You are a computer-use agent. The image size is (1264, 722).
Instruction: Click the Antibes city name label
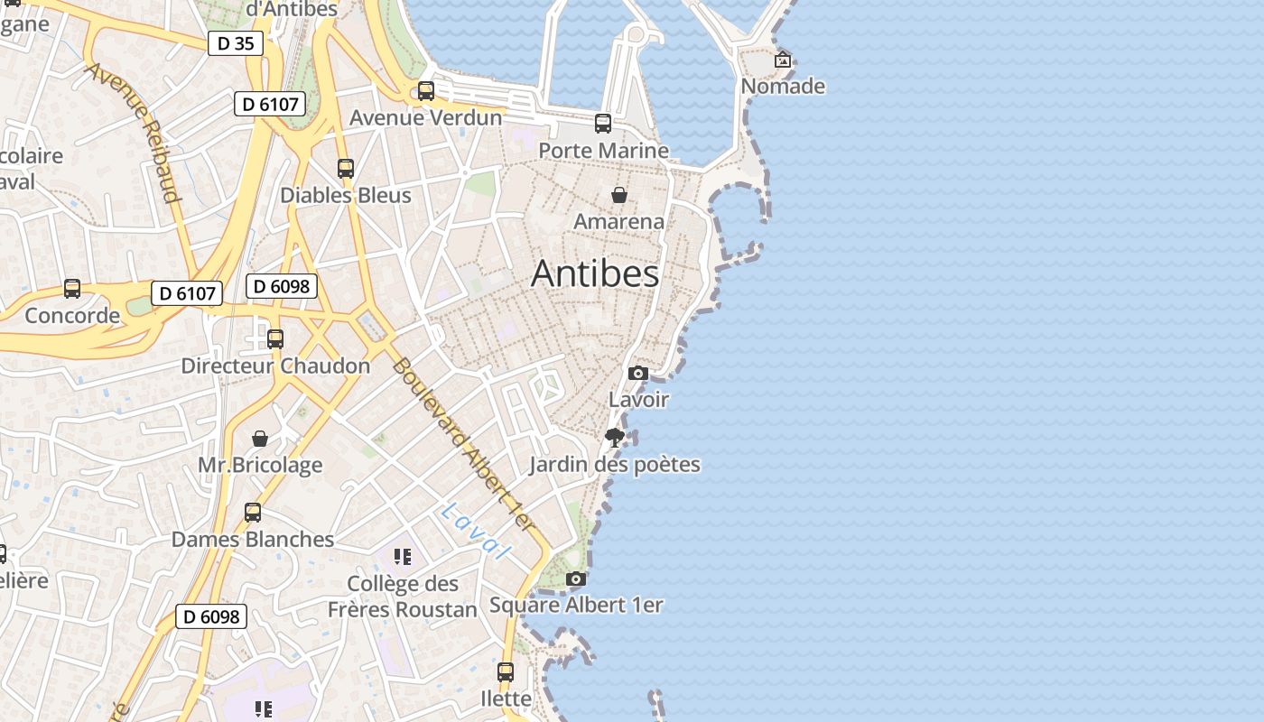tap(595, 273)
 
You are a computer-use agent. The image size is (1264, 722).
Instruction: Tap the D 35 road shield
tap(236, 42)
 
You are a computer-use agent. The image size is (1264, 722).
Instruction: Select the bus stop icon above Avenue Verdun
tap(425, 91)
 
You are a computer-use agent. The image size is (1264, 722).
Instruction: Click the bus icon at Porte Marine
tap(603, 124)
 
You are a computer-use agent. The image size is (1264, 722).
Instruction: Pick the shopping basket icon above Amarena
tap(619, 195)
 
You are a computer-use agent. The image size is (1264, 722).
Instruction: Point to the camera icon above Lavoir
tap(638, 373)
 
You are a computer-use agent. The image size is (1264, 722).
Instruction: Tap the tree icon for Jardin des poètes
tap(615, 438)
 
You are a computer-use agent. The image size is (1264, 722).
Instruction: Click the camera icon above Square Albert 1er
tap(576, 579)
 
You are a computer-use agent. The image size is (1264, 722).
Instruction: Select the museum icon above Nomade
tap(783, 60)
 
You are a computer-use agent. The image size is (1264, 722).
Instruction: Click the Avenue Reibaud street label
tap(134, 133)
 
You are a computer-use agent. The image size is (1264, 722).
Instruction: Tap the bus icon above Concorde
tap(72, 289)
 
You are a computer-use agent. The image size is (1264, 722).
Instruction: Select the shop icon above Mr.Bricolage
tap(260, 439)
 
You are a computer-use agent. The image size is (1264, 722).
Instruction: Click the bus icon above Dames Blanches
tap(253, 513)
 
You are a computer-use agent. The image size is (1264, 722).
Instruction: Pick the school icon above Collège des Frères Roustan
tap(403, 556)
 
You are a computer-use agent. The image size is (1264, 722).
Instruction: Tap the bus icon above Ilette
tap(506, 672)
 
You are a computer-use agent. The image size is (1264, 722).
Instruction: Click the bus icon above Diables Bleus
tap(346, 169)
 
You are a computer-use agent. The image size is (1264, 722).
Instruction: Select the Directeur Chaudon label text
tap(275, 366)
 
